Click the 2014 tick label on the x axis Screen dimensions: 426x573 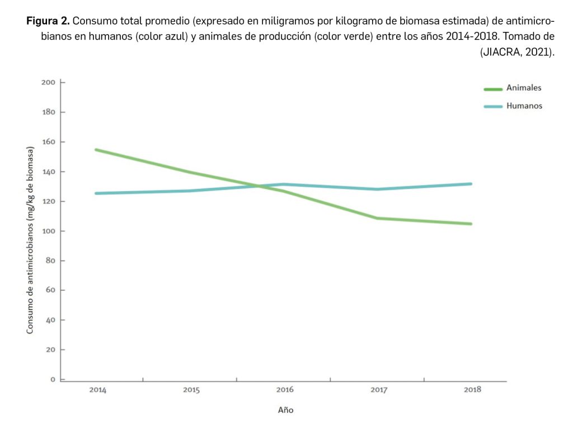97,390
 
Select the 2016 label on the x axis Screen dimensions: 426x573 285,390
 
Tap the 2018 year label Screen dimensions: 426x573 472,390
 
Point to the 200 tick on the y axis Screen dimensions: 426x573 48,83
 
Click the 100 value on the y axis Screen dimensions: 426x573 48,231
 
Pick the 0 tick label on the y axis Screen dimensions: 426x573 53,379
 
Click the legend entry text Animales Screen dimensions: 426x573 524,88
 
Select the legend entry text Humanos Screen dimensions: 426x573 524,106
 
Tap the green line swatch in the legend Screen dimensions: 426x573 493,89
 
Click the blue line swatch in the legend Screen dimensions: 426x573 493,106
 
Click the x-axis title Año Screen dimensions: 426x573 285,410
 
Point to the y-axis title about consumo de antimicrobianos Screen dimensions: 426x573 30,240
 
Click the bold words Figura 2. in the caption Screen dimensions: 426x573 48,22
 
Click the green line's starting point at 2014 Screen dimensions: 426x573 96,150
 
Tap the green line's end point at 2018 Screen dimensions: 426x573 471,224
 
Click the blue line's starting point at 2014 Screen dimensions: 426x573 96,193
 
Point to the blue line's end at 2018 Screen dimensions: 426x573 471,183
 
